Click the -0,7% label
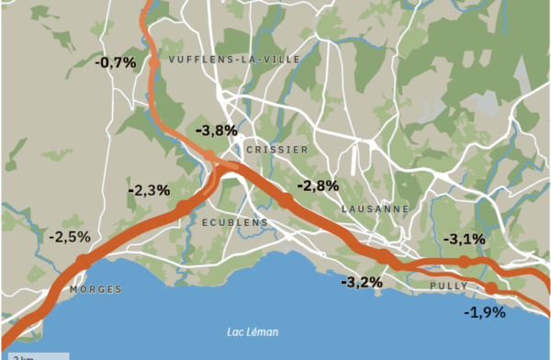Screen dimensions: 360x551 [x=116, y=62]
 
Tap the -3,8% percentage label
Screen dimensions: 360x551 [x=217, y=130]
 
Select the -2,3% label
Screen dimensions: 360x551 [x=149, y=190]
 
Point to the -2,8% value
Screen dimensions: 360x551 [x=318, y=185]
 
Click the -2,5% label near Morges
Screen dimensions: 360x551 [x=69, y=236]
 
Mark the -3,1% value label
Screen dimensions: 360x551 [x=464, y=239]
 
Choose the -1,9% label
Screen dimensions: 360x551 [x=485, y=312]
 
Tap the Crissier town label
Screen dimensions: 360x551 [x=277, y=149]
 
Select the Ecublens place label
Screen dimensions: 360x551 [x=234, y=222]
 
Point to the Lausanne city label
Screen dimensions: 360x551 [x=375, y=208]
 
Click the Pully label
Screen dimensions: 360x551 [x=449, y=287]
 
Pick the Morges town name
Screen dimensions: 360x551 [x=96, y=289]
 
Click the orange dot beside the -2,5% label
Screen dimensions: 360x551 [x=82, y=262]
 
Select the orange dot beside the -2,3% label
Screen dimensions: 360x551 [x=185, y=207]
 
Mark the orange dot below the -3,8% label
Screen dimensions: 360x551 [x=209, y=154]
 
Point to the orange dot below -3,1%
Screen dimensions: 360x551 [x=464, y=262]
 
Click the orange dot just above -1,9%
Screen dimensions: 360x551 [x=491, y=288]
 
